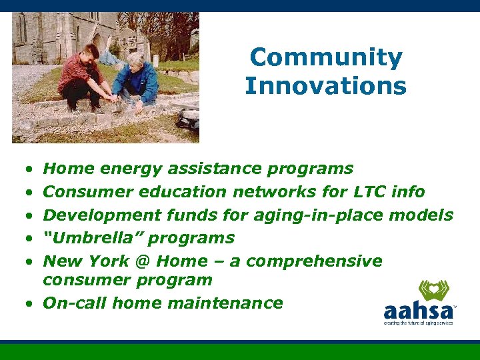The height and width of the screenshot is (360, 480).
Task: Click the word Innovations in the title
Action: tap(325, 86)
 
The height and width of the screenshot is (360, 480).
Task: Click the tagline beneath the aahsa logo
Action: tap(418, 323)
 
